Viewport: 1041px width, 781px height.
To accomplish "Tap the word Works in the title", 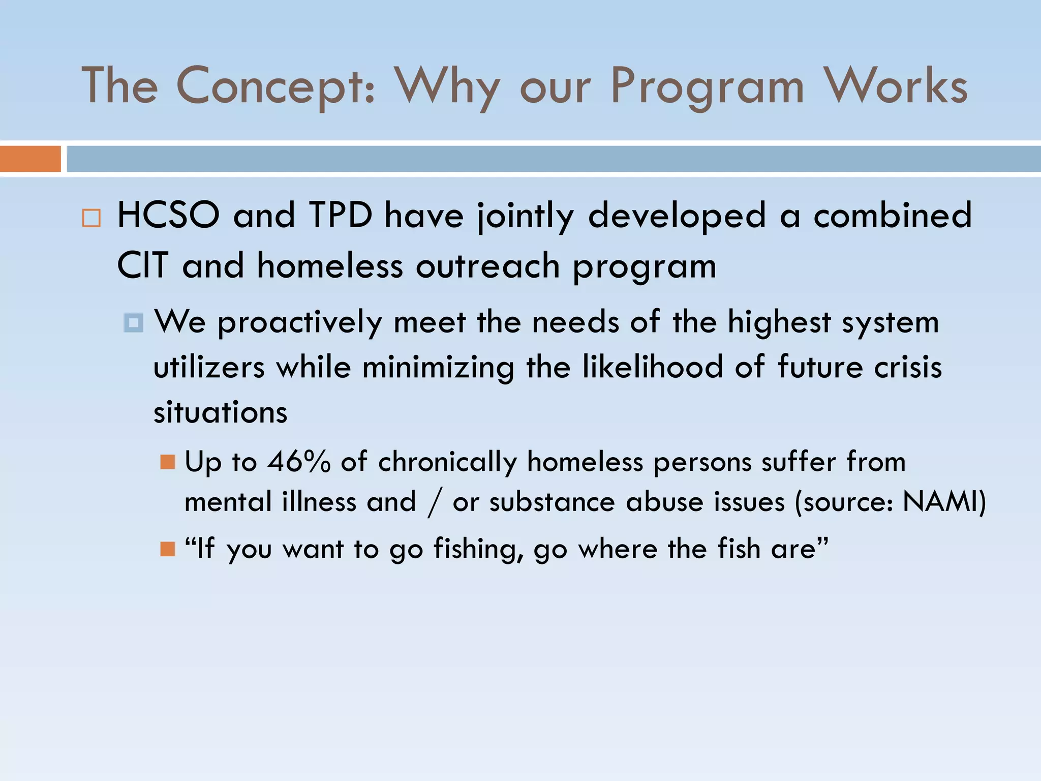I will (896, 86).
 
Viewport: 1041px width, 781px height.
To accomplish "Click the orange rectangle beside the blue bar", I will (30, 159).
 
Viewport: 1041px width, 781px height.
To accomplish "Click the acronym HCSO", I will (168, 216).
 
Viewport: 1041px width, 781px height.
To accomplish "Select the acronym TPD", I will (340, 216).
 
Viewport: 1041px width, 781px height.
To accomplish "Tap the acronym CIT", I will (142, 265).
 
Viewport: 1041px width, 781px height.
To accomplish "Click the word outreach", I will (487, 266).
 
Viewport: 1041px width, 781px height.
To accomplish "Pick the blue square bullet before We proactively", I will (134, 323).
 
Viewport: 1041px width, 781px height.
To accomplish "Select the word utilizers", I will (209, 367).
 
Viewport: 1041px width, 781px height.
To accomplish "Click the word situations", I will (220, 412).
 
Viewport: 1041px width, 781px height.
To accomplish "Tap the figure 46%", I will (299, 462).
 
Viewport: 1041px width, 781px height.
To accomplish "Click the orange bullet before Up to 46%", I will (167, 462).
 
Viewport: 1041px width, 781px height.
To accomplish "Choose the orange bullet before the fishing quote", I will (167, 549).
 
